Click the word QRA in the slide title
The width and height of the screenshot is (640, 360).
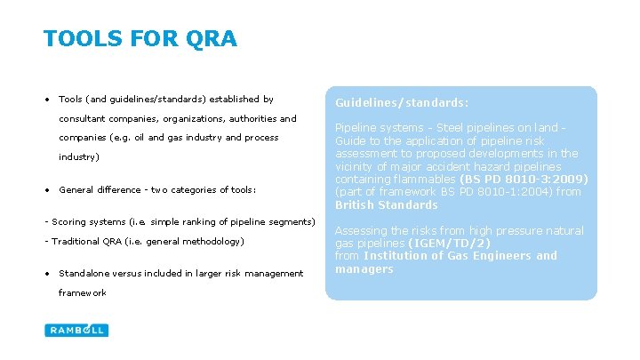(x=213, y=39)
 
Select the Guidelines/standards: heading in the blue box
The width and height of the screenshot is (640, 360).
(x=402, y=102)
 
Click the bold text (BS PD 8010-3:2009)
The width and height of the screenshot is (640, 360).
(x=524, y=179)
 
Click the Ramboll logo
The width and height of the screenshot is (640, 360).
(x=76, y=330)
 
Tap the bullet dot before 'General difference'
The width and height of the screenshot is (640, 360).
(x=47, y=189)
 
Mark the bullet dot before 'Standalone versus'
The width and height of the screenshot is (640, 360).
(x=47, y=273)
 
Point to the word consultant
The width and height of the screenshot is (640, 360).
(x=85, y=118)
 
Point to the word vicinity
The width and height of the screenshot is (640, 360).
(x=355, y=166)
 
